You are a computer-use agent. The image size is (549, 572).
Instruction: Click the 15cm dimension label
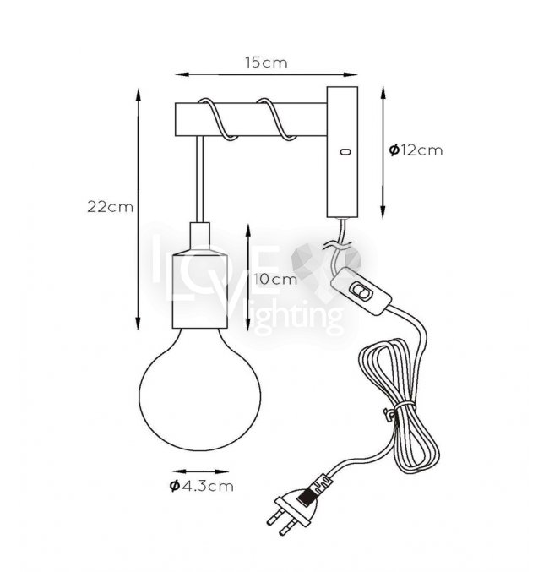(266, 63)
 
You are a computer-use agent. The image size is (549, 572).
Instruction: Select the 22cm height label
(110, 207)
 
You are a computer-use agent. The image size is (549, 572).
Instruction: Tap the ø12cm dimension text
(416, 150)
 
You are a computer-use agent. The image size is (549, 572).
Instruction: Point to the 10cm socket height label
(275, 280)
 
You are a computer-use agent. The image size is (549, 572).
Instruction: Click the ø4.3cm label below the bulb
(201, 486)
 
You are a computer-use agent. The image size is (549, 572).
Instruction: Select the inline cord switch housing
(361, 291)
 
